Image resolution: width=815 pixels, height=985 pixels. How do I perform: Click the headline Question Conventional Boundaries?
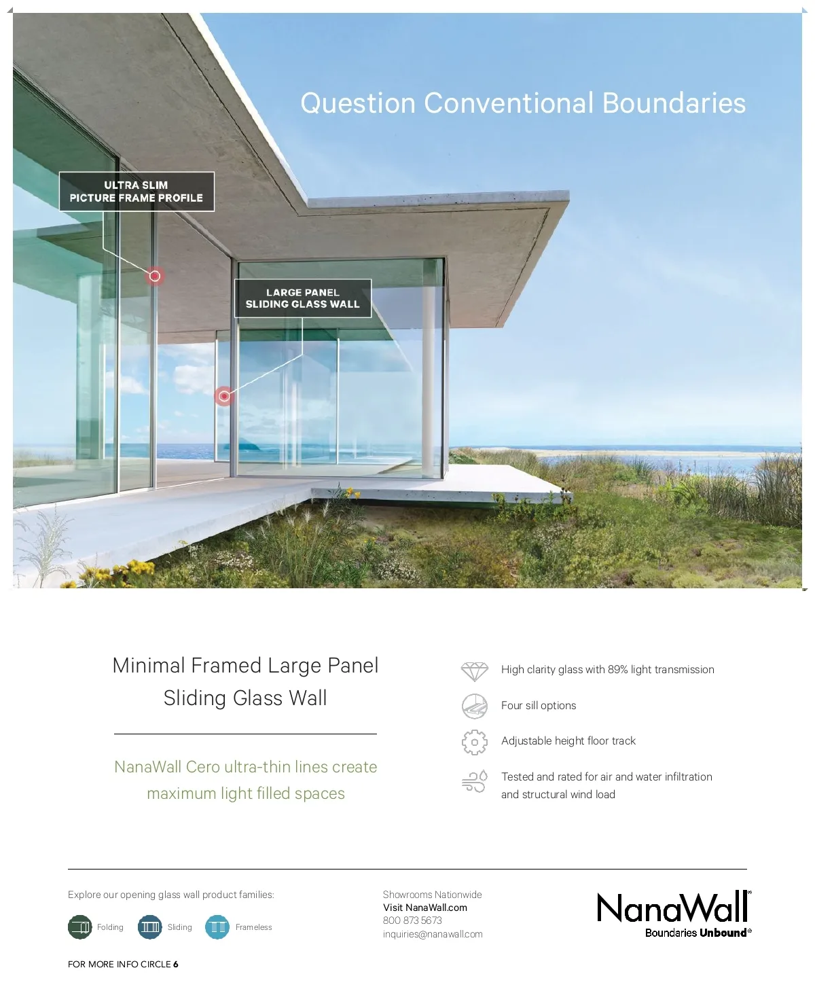pos(523,103)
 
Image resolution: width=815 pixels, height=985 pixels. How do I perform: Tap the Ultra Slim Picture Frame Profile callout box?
pos(137,192)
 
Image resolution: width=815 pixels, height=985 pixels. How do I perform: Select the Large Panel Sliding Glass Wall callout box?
pos(303,298)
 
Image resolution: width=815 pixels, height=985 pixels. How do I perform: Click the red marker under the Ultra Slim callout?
pos(155,276)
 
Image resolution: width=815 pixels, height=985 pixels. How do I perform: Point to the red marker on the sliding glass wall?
pos(224,395)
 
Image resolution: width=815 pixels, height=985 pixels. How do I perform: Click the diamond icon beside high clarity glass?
pos(474,671)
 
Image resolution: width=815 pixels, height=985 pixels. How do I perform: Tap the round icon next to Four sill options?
pos(474,706)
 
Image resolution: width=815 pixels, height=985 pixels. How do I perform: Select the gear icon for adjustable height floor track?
pos(474,742)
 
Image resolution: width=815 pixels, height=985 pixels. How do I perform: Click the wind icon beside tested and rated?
pos(474,782)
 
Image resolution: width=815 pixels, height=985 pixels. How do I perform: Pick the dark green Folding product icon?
pos(80,927)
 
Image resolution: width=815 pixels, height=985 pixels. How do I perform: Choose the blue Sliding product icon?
pos(149,927)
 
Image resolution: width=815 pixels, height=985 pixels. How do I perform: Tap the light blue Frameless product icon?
pos(217,927)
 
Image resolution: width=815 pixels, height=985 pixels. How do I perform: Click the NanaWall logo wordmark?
pos(673,908)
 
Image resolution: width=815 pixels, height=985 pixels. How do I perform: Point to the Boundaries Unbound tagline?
pos(698,933)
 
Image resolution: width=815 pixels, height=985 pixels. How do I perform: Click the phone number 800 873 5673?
pos(412,920)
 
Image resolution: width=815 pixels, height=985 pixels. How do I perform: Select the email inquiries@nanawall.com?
pos(433,934)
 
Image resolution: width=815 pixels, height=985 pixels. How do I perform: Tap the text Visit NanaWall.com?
pos(425,908)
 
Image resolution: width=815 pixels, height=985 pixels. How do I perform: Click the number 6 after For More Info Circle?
pos(176,964)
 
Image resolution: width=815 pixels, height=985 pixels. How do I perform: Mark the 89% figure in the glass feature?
pos(617,669)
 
